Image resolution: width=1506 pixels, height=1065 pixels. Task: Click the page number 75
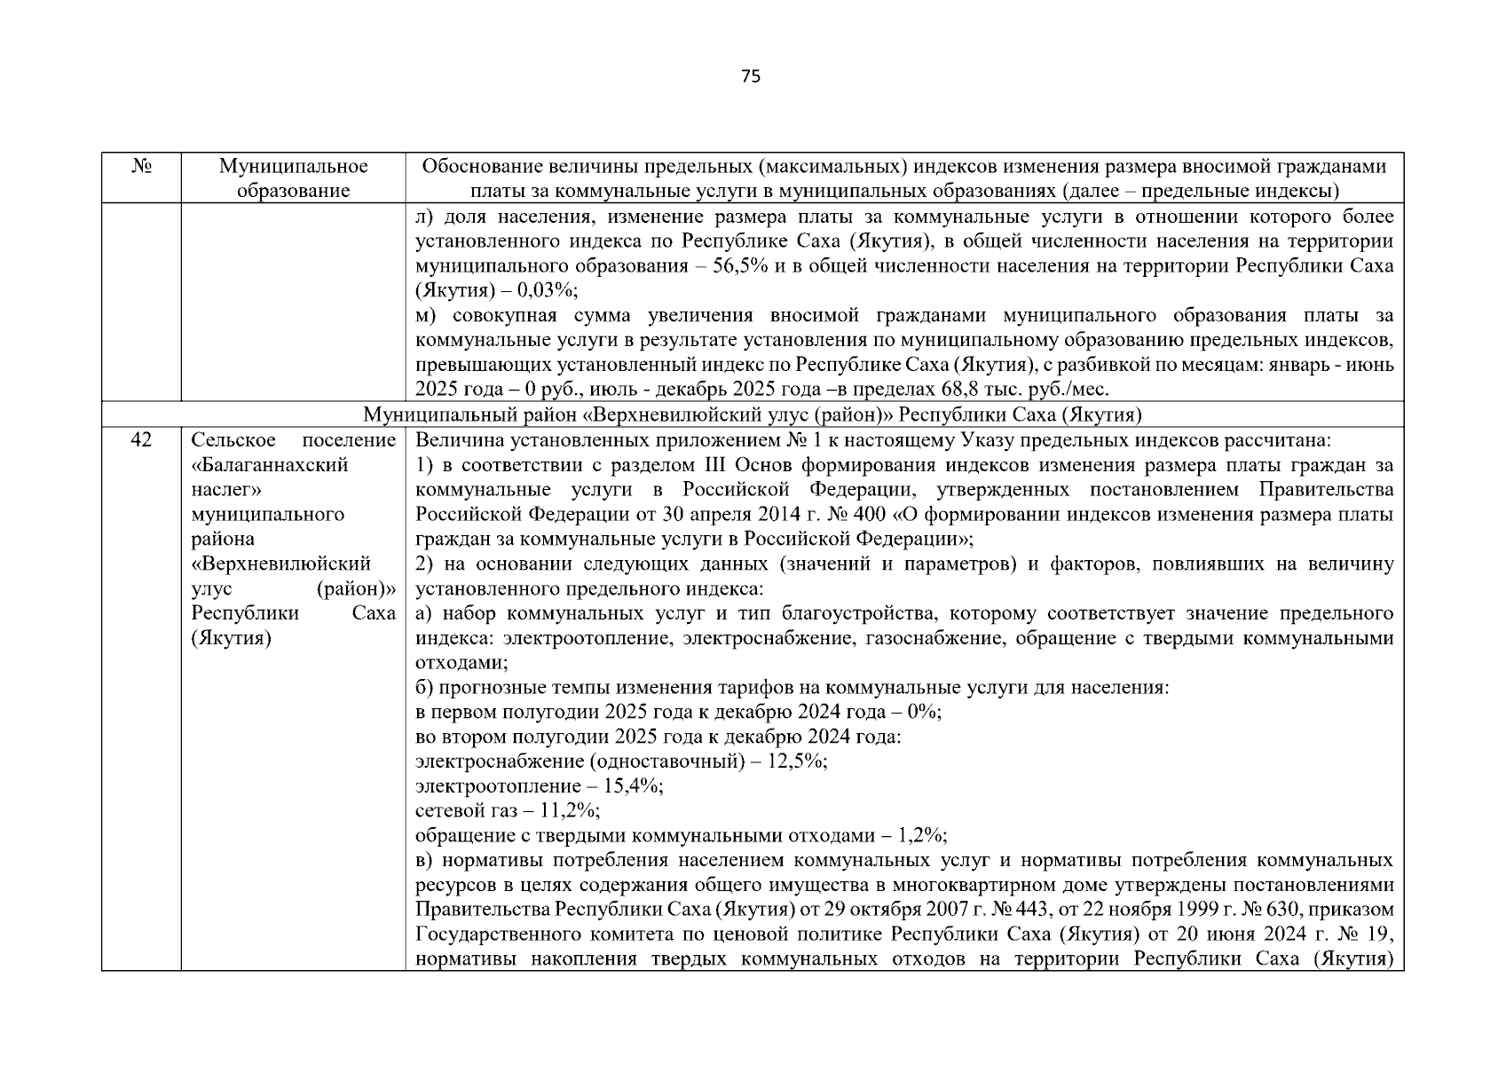pos(750,77)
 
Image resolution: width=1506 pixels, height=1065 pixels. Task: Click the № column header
pos(141,167)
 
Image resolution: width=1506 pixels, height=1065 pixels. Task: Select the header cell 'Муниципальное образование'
pos(293,178)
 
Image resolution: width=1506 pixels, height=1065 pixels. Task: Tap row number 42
pos(141,440)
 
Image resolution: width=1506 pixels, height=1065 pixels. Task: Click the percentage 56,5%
pos(740,266)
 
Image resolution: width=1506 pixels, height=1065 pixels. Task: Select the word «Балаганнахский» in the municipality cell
pos(270,465)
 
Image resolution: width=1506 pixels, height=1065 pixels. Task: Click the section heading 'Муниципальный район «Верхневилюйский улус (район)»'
pos(753,415)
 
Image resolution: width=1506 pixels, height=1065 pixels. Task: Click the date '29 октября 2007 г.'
pos(895,910)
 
